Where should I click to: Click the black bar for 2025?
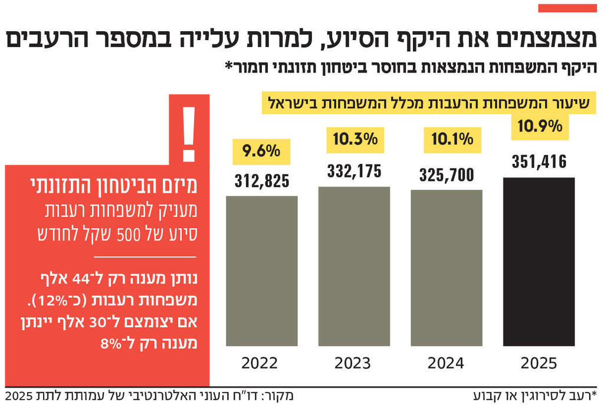pos(539,261)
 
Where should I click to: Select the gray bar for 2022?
pos(261,271)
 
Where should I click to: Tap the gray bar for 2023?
pos(354,266)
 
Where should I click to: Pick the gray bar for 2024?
pos(446,268)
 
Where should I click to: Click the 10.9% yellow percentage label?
pos(539,127)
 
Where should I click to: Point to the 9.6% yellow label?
pos(261,152)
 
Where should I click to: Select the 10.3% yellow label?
pos(354,140)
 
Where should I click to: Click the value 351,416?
pos(539,160)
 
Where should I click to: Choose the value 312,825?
pos(261,181)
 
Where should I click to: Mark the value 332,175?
pos(354,172)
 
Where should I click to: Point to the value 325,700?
pos(447,174)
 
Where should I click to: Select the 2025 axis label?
pos(539,363)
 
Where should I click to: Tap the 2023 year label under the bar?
pos(353,363)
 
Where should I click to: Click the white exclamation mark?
pos(189,134)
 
